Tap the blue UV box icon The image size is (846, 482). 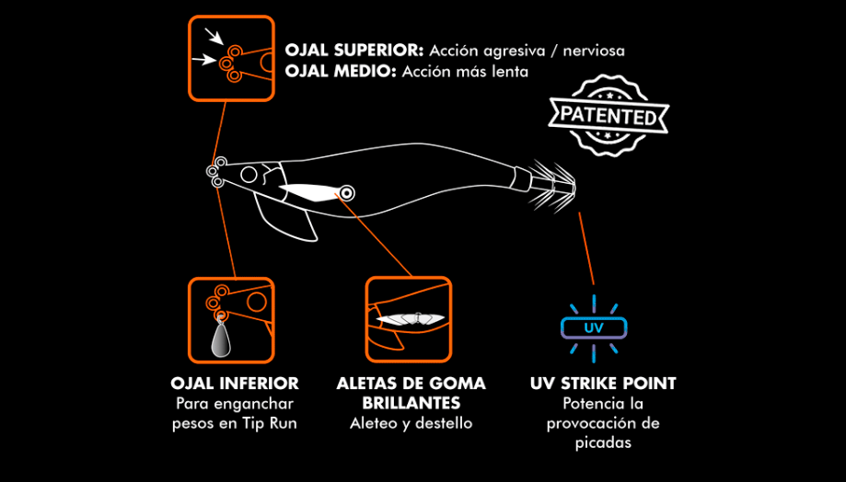594,327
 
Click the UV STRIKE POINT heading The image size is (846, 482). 603,383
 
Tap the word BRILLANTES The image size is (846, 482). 411,403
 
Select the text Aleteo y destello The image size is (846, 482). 411,423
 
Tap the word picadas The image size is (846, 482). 603,443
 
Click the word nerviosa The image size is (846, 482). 593,50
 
